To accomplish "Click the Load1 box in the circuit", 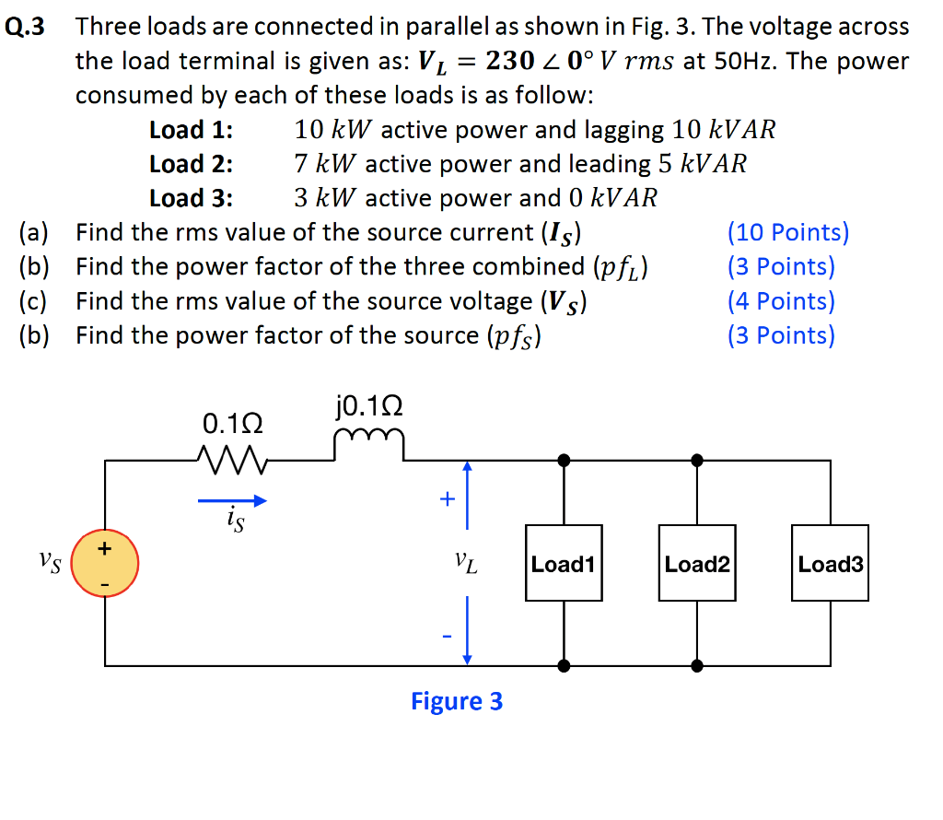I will coord(564,564).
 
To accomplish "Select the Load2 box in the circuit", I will coord(697,564).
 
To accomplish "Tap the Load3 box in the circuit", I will coord(830,564).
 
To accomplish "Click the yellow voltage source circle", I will coord(105,563).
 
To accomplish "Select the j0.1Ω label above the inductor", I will coord(370,406).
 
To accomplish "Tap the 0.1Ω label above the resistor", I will coord(232,425).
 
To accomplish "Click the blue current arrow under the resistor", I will coord(232,501).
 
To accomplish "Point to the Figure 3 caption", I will coord(457,701).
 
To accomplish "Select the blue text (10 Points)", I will coord(787,232).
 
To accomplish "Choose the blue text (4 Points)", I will coord(781,301).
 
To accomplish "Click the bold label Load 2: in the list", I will coord(191,164).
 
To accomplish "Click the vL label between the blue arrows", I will coord(466,562).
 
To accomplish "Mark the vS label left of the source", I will coord(51,562).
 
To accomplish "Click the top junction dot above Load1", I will coord(564,459).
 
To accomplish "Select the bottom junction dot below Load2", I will coord(697,664).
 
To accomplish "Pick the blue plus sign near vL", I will coord(447,499).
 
